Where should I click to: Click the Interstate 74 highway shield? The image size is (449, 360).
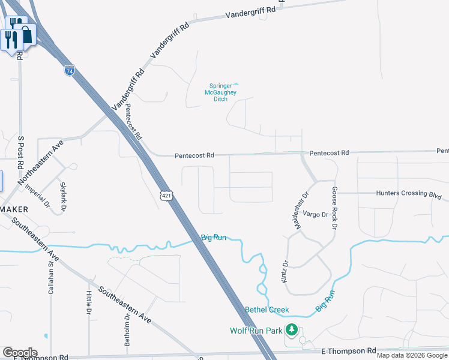click(x=70, y=70)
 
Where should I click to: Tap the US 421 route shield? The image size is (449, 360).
click(x=165, y=195)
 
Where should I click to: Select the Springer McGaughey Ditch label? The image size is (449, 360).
click(x=223, y=92)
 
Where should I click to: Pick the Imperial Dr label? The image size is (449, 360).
click(x=37, y=194)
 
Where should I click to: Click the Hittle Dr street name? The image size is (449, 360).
click(x=88, y=303)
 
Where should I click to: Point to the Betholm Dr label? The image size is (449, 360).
click(x=127, y=331)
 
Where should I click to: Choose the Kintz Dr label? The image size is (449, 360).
click(x=285, y=272)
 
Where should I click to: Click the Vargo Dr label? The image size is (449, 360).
click(x=316, y=214)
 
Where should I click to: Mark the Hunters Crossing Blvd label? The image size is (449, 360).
click(x=408, y=194)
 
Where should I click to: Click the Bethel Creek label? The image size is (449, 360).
click(x=267, y=310)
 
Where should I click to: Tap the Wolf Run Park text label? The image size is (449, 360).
click(x=256, y=331)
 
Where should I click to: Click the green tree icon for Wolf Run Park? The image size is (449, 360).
click(x=292, y=329)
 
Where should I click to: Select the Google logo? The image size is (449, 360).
click(x=20, y=353)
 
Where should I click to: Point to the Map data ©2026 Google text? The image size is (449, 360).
click(x=411, y=355)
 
